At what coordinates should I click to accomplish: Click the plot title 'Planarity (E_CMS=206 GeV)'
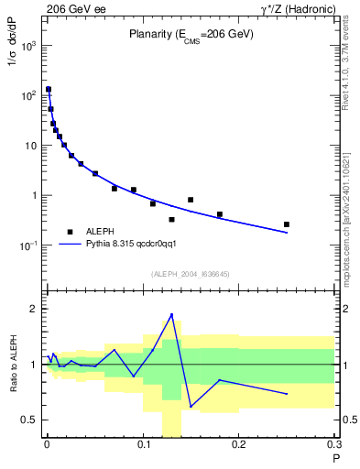tap(190, 34)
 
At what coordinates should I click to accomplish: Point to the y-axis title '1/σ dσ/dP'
tap(13, 63)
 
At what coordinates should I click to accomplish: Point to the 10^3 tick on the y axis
tap(28, 45)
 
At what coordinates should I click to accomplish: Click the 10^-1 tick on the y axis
tap(28, 245)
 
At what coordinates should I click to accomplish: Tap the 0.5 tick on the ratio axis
tap(29, 420)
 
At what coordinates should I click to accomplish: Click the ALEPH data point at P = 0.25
tap(287, 224)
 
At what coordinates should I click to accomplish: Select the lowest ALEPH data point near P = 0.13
tap(171, 220)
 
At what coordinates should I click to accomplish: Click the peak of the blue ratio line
tap(171, 315)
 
